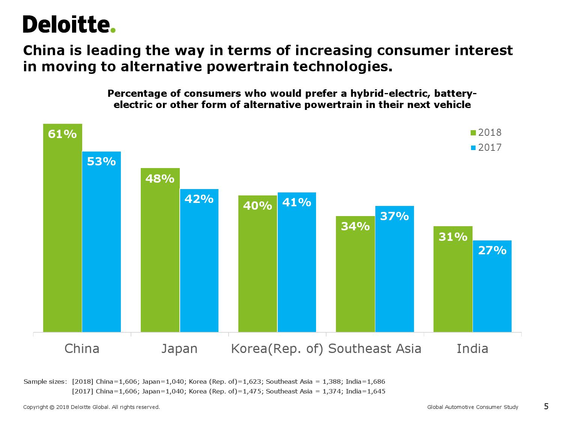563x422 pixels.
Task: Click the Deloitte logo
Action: tap(69, 25)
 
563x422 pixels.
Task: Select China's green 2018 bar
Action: tap(62, 233)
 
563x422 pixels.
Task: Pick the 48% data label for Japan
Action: tap(160, 179)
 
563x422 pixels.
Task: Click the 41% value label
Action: tap(297, 203)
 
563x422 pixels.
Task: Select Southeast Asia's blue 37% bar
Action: tap(394, 274)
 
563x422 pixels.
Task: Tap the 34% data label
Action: tap(355, 227)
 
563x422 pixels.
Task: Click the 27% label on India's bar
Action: tap(492, 251)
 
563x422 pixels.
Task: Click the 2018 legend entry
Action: tap(486, 132)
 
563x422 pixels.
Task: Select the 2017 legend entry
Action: tap(486, 147)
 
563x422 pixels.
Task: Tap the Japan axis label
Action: tap(179, 348)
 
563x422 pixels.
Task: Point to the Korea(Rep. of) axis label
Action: tap(277, 348)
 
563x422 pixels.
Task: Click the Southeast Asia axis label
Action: tap(375, 348)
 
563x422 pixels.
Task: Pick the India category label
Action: tap(472, 348)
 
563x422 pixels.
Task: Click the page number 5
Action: tap(546, 406)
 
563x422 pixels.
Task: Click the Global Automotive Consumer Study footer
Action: tap(473, 407)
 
